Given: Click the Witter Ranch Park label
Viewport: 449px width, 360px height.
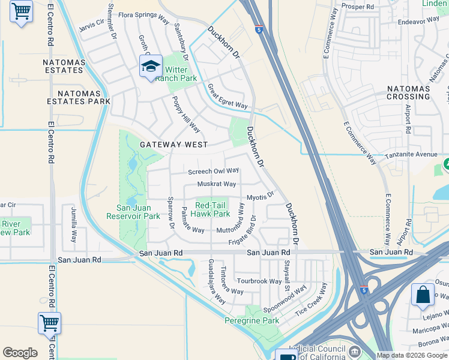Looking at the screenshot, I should click(x=176, y=74).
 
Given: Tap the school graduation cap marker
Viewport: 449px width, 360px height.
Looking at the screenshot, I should click(x=150, y=67).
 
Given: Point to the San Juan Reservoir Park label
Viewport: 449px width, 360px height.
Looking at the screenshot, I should click(x=133, y=212).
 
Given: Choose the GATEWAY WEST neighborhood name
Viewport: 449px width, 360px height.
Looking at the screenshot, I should click(x=174, y=145).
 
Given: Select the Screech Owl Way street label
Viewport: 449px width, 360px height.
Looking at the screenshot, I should click(x=213, y=171).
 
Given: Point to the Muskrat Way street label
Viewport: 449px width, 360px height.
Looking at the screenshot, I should click(x=217, y=184).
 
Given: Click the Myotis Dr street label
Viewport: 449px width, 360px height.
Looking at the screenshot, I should click(x=261, y=196).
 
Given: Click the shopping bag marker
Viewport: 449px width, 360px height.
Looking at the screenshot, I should click(x=423, y=296).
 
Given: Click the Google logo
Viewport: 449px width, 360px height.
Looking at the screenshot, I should click(x=20, y=353).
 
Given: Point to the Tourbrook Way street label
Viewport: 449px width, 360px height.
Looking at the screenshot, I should click(x=259, y=281).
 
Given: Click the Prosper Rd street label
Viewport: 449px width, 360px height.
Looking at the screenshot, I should click(x=357, y=6).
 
